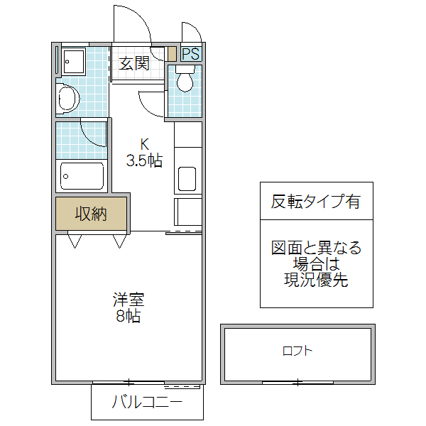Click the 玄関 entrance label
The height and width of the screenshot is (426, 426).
[x=134, y=63]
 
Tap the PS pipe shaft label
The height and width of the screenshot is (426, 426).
[x=190, y=54]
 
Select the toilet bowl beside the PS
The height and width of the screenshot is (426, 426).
[x=185, y=81]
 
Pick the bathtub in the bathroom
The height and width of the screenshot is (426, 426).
[x=82, y=175]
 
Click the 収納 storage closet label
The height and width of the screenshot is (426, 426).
[x=92, y=214]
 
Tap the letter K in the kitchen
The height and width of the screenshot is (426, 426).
[x=144, y=144]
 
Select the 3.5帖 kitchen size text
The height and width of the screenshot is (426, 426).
[x=144, y=160]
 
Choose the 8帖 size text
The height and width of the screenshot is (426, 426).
[x=128, y=316]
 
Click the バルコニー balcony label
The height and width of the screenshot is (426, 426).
[x=147, y=403]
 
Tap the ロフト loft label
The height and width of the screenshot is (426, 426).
[x=297, y=351]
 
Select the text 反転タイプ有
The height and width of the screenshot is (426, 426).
[x=316, y=201]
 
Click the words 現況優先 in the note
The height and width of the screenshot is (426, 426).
[x=316, y=280]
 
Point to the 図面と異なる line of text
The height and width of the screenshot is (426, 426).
[x=316, y=248]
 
